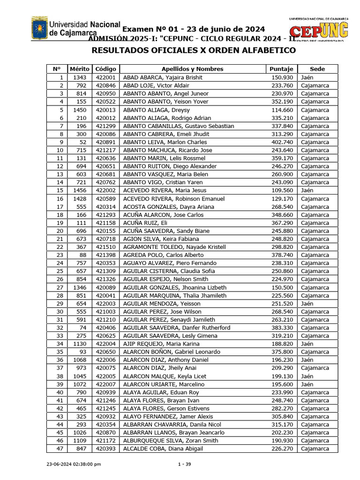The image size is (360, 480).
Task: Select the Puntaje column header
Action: [x=281, y=69]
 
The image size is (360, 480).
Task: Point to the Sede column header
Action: [x=317, y=69]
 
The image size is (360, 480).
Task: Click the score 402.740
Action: [x=282, y=142]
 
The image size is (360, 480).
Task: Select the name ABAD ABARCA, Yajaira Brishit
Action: [x=163, y=77]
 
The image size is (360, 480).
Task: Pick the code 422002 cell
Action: [x=105, y=190]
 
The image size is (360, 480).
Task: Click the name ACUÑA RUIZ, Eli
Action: [x=145, y=223]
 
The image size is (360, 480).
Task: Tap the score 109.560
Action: [x=282, y=190]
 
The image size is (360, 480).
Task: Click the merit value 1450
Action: [x=79, y=110]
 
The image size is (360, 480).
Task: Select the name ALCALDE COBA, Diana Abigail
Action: [x=163, y=449]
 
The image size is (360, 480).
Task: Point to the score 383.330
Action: [x=282, y=328]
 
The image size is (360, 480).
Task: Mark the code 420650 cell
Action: [x=105, y=352]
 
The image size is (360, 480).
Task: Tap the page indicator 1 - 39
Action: [x=185, y=464]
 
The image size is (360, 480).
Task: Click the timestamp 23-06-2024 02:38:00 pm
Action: [x=74, y=464]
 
